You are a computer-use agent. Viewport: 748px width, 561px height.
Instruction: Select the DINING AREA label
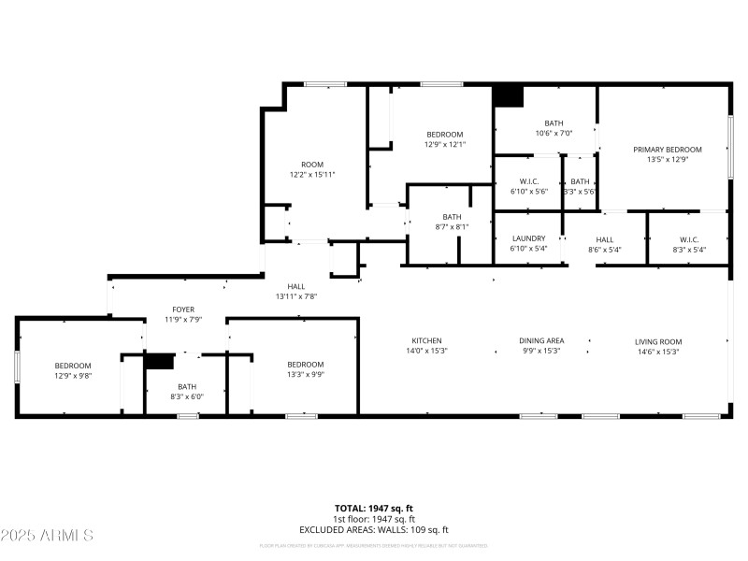(541, 341)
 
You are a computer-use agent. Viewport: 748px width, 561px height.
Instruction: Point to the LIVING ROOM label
(658, 341)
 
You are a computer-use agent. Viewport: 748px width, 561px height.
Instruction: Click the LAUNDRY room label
(528, 238)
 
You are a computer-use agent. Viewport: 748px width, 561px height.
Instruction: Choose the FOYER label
(183, 309)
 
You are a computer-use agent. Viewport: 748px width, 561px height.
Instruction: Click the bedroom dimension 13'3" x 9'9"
(305, 375)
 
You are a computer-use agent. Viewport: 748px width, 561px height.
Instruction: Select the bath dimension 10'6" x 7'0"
(554, 134)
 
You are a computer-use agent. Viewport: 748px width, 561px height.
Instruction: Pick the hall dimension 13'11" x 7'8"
(296, 297)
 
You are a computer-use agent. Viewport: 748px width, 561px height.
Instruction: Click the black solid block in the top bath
(508, 95)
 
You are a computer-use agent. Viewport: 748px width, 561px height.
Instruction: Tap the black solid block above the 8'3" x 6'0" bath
(160, 361)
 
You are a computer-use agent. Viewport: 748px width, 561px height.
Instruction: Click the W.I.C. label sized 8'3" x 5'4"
(688, 238)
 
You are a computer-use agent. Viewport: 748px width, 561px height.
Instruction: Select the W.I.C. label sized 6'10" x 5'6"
(528, 180)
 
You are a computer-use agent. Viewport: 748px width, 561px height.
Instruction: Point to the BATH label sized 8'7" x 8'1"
(452, 216)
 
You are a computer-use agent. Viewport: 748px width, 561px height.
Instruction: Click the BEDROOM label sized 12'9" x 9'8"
(72, 365)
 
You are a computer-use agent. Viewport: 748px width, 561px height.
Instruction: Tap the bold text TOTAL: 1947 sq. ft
(374, 508)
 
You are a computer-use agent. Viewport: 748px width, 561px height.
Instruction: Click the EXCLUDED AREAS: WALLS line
(374, 530)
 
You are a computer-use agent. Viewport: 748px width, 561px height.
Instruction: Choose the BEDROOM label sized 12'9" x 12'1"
(444, 134)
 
